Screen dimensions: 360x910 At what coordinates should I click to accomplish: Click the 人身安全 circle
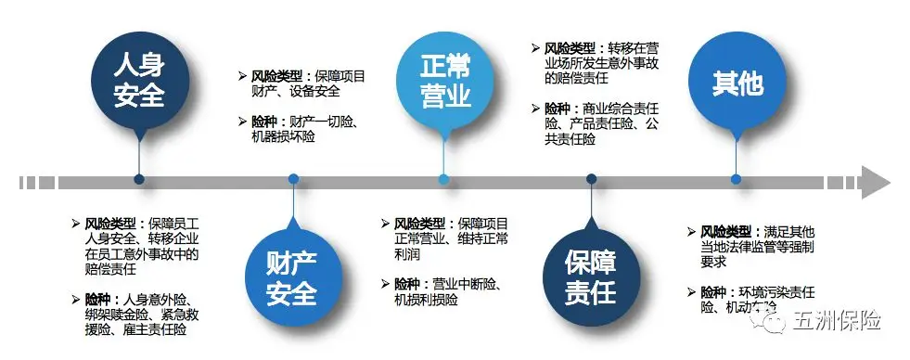(x=138, y=81)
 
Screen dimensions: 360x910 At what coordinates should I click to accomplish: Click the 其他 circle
(x=737, y=82)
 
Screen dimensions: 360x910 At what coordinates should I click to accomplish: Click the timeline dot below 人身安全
(x=139, y=179)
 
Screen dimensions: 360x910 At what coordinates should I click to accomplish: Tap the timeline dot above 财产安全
(x=293, y=179)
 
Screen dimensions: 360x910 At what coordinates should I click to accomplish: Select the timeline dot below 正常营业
(x=443, y=179)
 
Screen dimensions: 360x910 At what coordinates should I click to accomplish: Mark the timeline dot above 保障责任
(x=591, y=179)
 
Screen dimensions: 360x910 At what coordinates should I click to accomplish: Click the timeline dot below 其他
(x=737, y=179)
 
